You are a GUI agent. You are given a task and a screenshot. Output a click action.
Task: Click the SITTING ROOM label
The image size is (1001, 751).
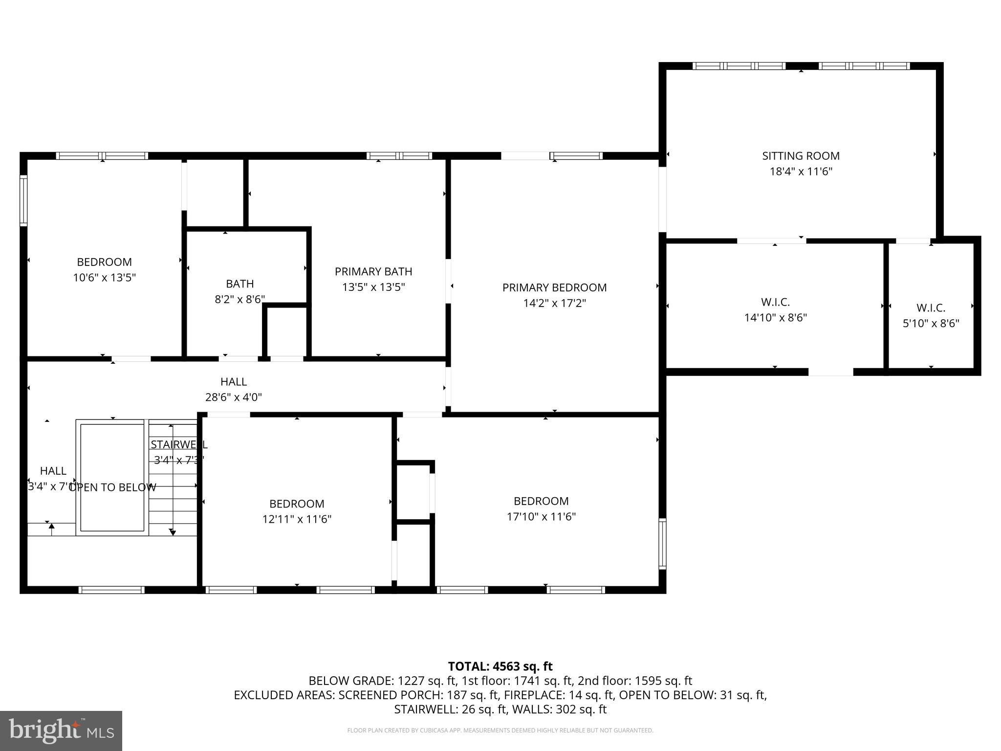pyautogui.click(x=801, y=156)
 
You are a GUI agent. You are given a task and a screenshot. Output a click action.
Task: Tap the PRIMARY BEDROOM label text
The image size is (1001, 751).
pyautogui.click(x=554, y=287)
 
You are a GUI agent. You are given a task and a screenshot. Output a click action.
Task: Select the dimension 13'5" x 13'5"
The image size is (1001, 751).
pyautogui.click(x=373, y=287)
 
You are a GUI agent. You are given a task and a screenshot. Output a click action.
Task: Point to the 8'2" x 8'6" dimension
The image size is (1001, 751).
pyautogui.click(x=239, y=299)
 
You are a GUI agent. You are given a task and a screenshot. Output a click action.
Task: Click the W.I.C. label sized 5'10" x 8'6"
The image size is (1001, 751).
pyautogui.click(x=931, y=308)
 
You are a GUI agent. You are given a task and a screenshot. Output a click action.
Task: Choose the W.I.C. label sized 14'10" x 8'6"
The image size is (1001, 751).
pyautogui.click(x=775, y=302)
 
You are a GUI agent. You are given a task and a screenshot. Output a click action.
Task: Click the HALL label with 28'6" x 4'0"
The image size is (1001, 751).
pyautogui.click(x=233, y=381)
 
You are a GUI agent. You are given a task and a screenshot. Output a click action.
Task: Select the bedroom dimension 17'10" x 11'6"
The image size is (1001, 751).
pyautogui.click(x=541, y=517)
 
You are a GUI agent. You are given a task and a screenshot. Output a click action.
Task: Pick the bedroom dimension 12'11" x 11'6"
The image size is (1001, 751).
pyautogui.click(x=297, y=519)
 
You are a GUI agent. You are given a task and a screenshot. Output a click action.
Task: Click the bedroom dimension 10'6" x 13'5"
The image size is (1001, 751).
pyautogui.click(x=104, y=278)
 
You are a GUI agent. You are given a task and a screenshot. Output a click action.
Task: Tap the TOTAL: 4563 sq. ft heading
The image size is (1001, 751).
pyautogui.click(x=500, y=666)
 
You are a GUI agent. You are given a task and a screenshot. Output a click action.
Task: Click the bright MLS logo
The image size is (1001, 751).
pyautogui.click(x=61, y=730)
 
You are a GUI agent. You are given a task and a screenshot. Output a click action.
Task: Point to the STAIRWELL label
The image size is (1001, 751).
pyautogui.click(x=178, y=444)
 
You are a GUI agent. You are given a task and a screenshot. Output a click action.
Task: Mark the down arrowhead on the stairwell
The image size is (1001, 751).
pyautogui.click(x=172, y=532)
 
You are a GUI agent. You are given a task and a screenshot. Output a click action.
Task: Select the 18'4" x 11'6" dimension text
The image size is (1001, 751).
pyautogui.click(x=801, y=172)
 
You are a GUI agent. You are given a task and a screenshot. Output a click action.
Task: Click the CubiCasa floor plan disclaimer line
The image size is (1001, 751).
pyautogui.click(x=500, y=730)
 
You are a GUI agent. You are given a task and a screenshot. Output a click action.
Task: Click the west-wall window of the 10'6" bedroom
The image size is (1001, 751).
pyautogui.click(x=23, y=200)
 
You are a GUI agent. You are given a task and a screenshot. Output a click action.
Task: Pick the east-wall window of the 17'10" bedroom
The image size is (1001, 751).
pyautogui.click(x=662, y=544)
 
